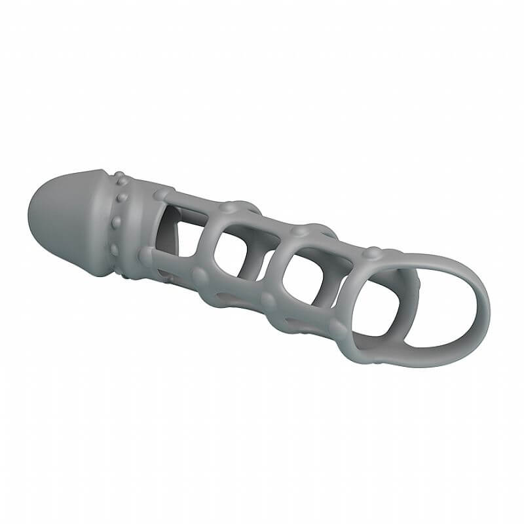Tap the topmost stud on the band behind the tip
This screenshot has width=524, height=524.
(119, 177)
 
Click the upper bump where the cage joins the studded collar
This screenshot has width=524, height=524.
(160, 195)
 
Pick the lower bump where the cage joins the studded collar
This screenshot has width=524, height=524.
(146, 256)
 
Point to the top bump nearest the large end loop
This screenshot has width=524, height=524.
(370, 253)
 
